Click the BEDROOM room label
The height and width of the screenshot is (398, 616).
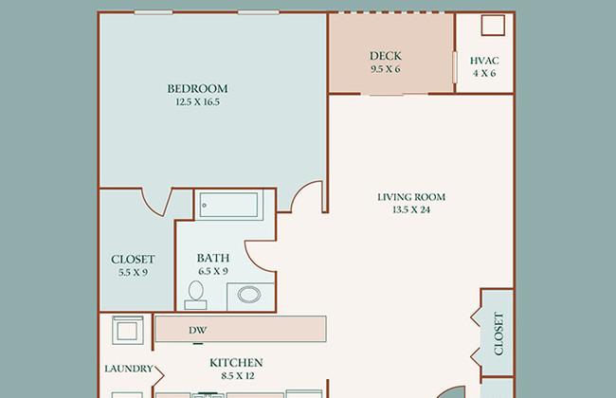[197, 89]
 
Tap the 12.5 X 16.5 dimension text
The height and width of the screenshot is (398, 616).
[197, 102]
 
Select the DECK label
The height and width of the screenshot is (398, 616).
[386, 56]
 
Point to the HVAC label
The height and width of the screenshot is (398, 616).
[484, 61]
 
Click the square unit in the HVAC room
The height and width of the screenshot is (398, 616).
[493, 26]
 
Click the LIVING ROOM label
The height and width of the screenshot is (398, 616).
[411, 197]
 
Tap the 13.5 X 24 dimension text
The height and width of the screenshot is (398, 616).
[411, 209]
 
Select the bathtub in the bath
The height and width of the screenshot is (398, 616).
[228, 205]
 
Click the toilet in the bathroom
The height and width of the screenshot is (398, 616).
[195, 295]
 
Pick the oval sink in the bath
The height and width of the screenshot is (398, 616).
[249, 295]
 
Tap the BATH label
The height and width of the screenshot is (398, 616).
[213, 258]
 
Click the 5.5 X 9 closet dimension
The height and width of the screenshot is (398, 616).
[134, 272]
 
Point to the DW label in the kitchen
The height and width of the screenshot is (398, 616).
[197, 331]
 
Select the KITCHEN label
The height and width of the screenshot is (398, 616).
[236, 363]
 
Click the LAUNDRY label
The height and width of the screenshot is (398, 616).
[129, 369]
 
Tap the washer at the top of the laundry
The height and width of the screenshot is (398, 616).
[128, 330]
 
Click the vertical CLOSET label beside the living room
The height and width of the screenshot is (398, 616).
[498, 334]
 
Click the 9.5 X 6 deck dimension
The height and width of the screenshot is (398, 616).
[386, 69]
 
